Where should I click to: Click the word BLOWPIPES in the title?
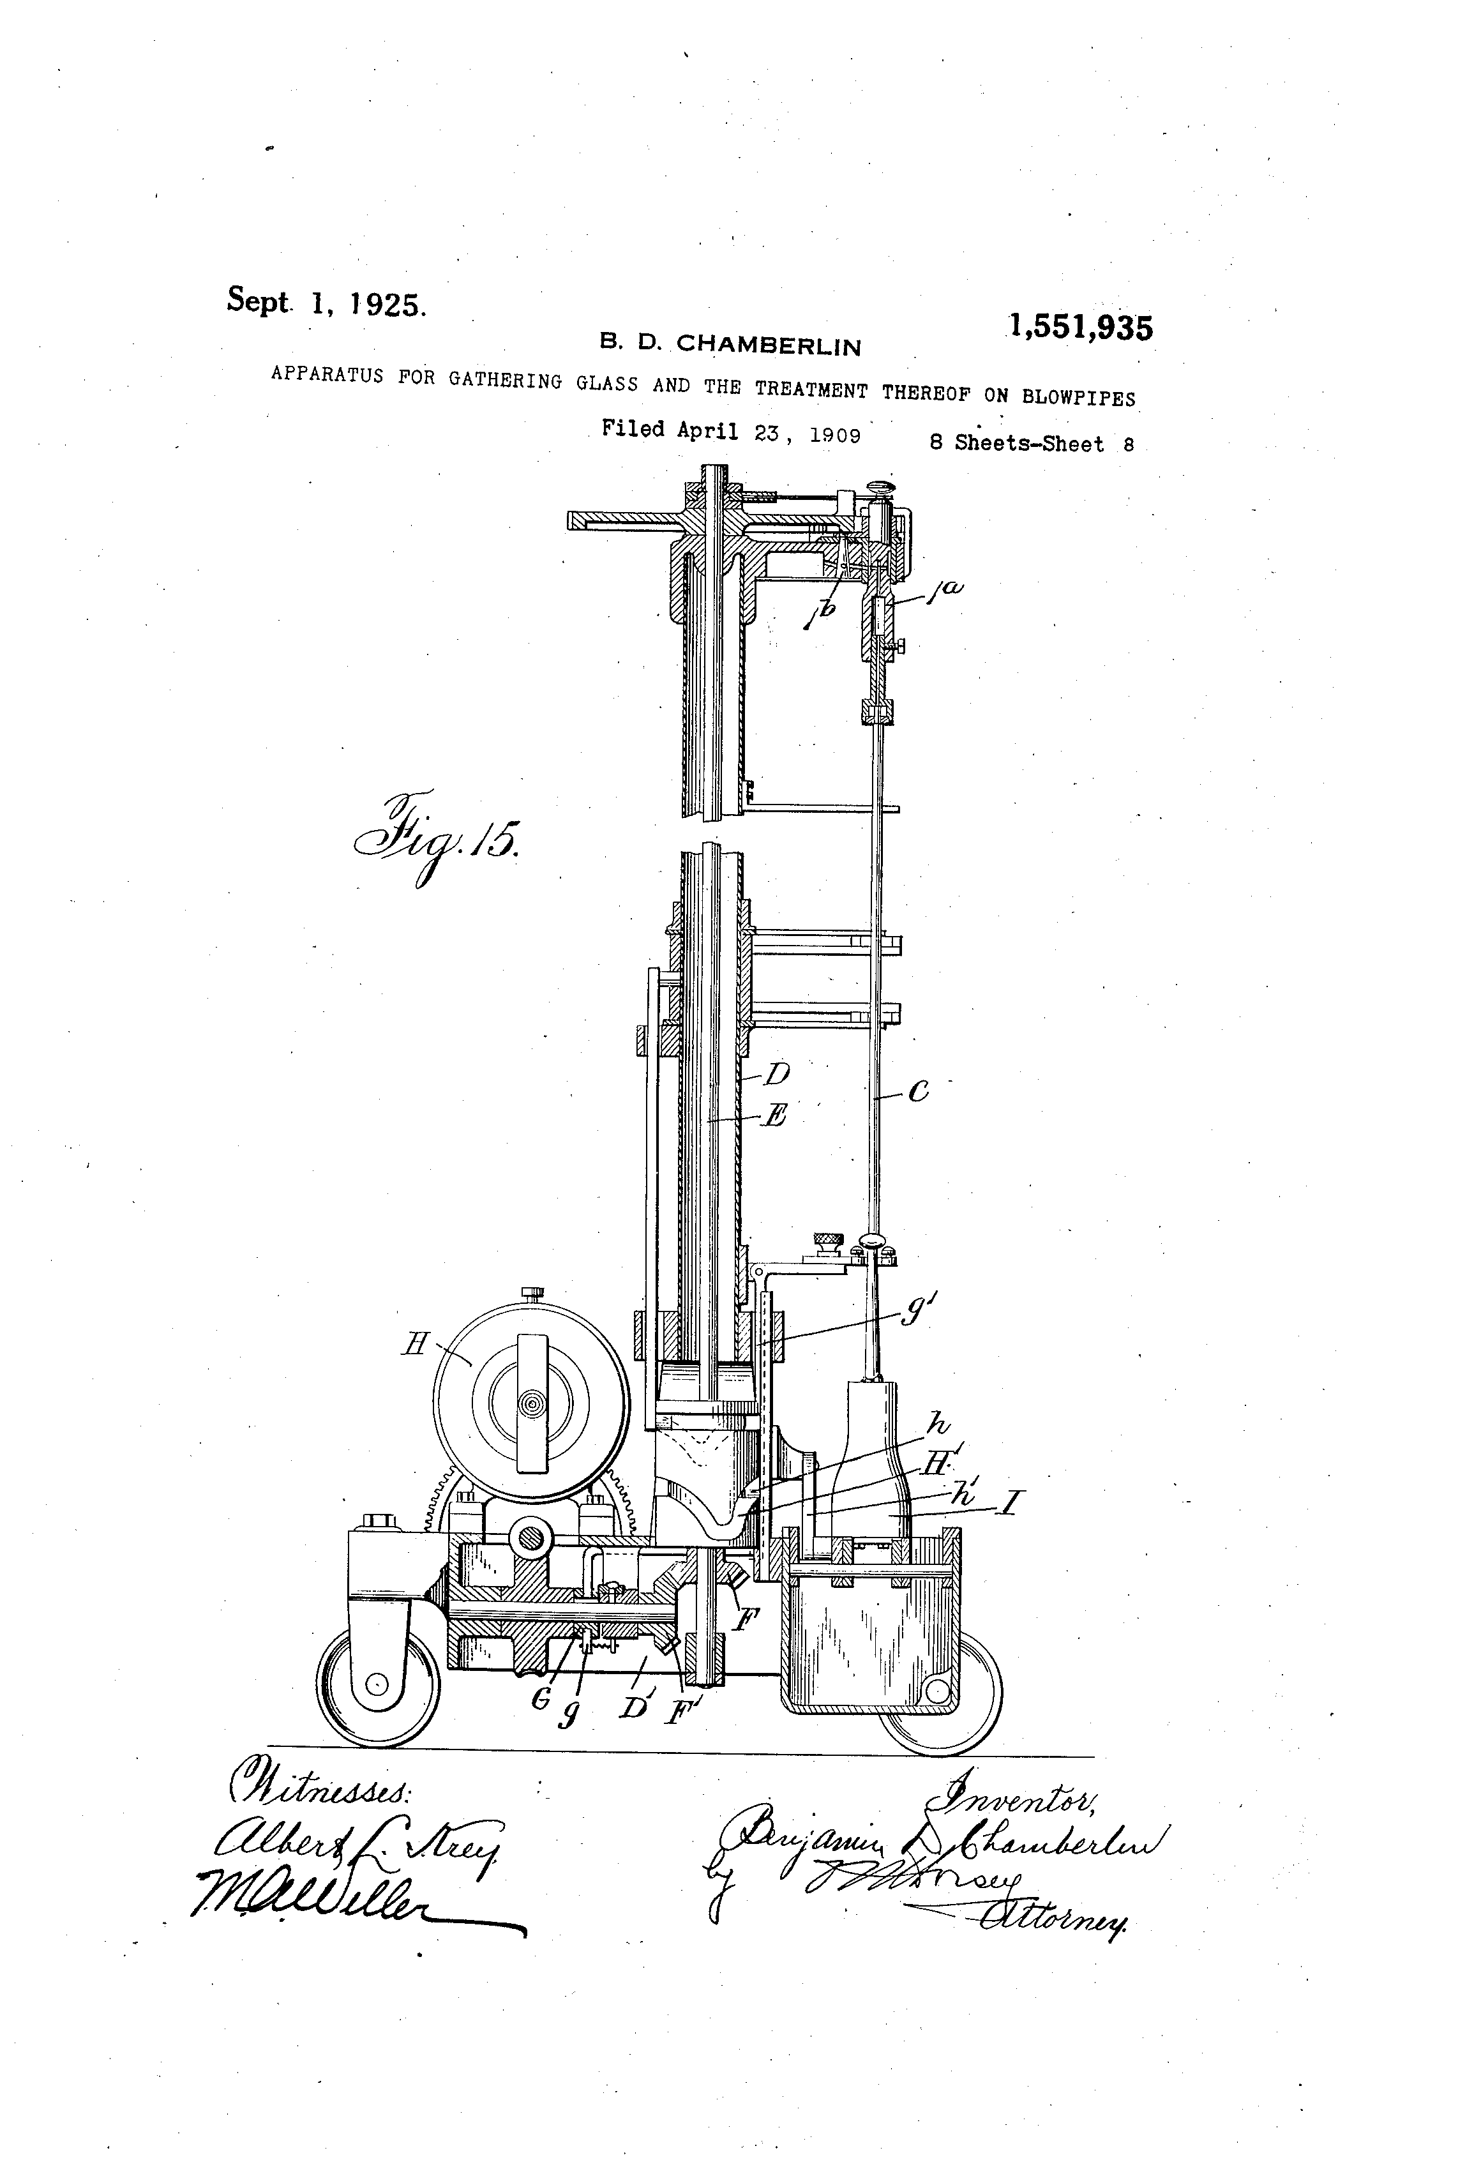click(x=1078, y=396)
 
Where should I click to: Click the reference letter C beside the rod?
click(x=919, y=1091)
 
